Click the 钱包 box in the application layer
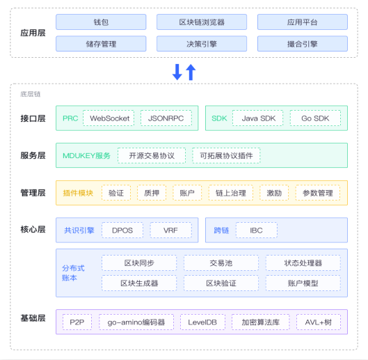101,22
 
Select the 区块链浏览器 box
202,22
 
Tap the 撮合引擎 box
303,44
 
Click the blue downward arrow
177,72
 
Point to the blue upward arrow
191,72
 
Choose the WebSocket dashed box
109,118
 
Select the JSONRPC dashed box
166,118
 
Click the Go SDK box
315,118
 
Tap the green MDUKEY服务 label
86,155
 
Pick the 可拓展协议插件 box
226,155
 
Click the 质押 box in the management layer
152,193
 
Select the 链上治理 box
231,193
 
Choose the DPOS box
122,230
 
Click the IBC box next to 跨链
256,230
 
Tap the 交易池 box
221,263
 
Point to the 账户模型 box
303,283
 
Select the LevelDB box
202,322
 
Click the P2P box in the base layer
77,322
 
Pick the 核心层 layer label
33,229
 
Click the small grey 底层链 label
31,94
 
